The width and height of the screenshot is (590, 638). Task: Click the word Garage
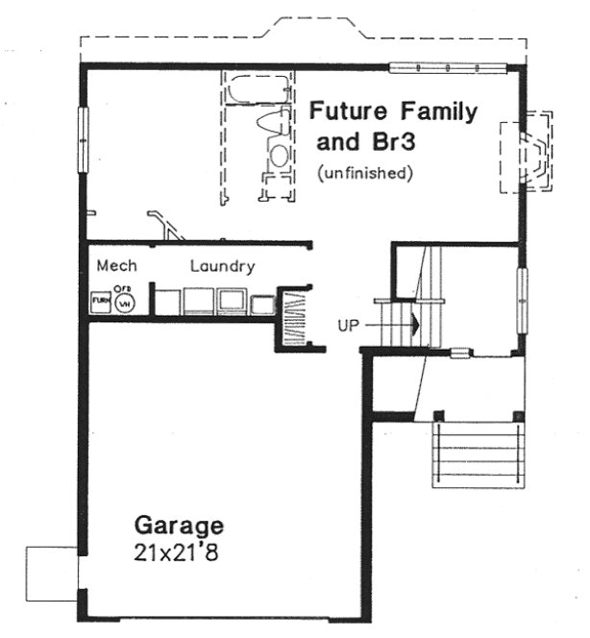click(179, 526)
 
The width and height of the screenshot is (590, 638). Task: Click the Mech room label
click(116, 266)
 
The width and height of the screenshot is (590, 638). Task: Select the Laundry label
click(222, 266)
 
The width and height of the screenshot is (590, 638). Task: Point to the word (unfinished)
click(364, 174)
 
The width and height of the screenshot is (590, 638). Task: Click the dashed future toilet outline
click(277, 144)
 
